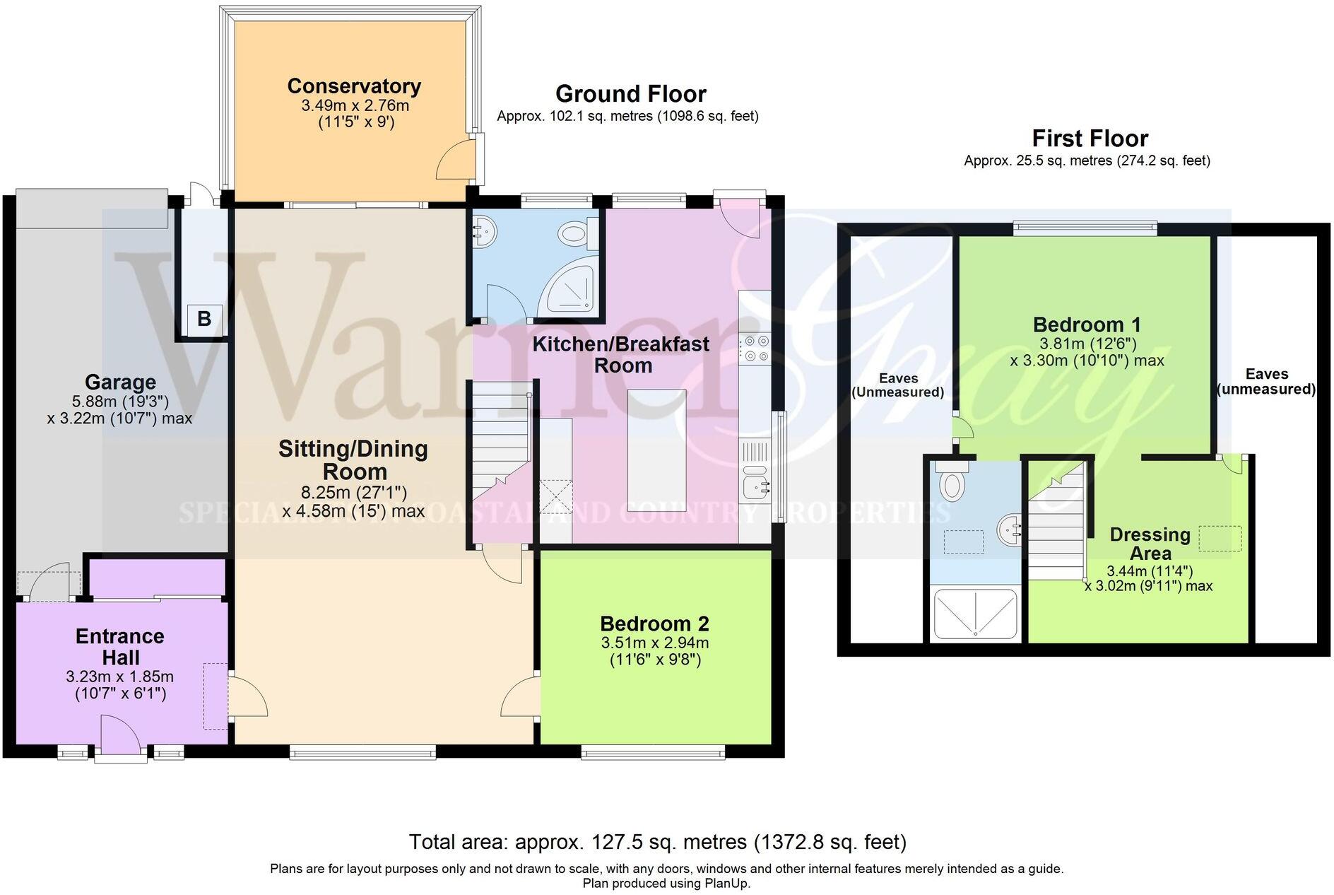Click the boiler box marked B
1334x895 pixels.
(x=204, y=318)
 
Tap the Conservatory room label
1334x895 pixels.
(x=354, y=86)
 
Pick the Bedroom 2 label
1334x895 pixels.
(x=654, y=624)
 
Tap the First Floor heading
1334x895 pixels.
(x=1090, y=138)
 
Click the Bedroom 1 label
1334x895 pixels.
(x=1087, y=324)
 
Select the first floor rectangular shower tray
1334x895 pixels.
(x=975, y=613)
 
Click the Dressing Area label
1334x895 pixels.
(x=1150, y=544)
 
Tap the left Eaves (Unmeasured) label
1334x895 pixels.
(x=898, y=385)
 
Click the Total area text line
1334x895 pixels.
(x=657, y=842)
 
